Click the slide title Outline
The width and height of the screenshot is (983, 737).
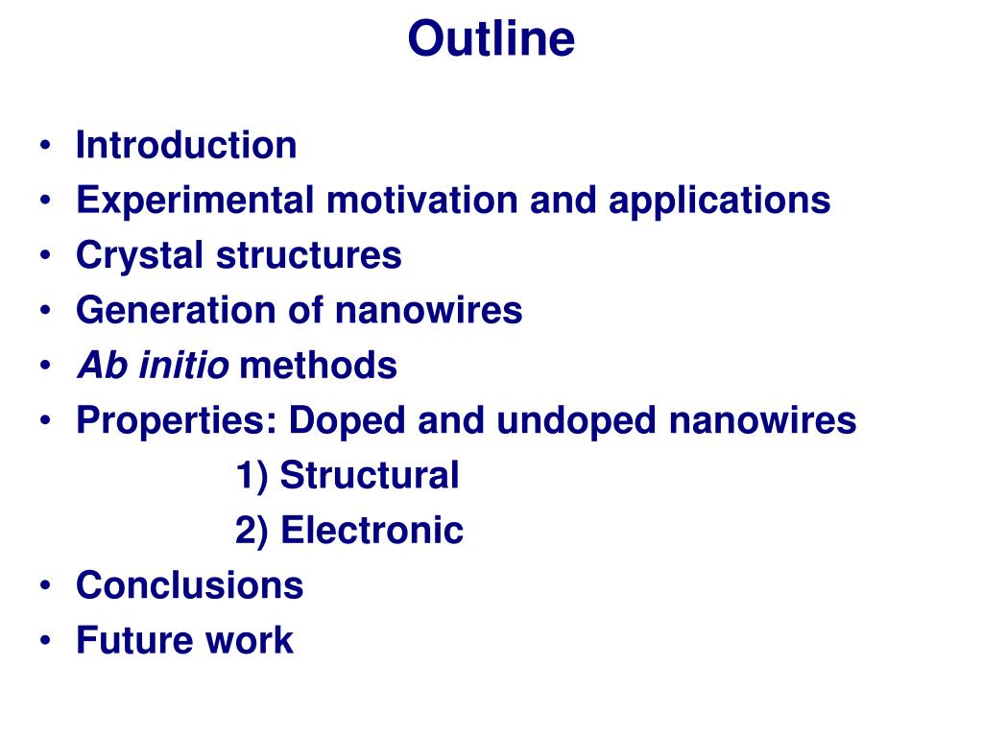click(x=491, y=38)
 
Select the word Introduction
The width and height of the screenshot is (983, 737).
click(x=186, y=145)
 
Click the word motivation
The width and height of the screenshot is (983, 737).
click(x=422, y=200)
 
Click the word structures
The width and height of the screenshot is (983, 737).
click(x=309, y=255)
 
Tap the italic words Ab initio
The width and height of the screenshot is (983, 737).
click(x=153, y=365)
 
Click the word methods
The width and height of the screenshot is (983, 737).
click(x=319, y=365)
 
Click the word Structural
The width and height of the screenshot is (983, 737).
click(x=370, y=475)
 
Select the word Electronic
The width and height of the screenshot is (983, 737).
click(x=372, y=530)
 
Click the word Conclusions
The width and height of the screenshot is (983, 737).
click(x=189, y=585)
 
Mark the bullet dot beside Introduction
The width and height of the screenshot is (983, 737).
click(x=44, y=146)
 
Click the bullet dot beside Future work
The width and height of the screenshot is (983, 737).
click(x=44, y=640)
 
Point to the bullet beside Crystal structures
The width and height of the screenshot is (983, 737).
click(x=44, y=255)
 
